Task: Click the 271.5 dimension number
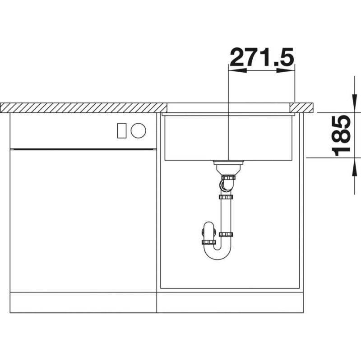262,56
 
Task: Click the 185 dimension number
342,136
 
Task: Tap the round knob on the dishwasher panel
138,130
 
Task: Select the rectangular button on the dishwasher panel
122,130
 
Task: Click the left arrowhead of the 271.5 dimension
237,71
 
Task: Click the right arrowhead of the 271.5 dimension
286,71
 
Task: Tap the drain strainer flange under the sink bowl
228,163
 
